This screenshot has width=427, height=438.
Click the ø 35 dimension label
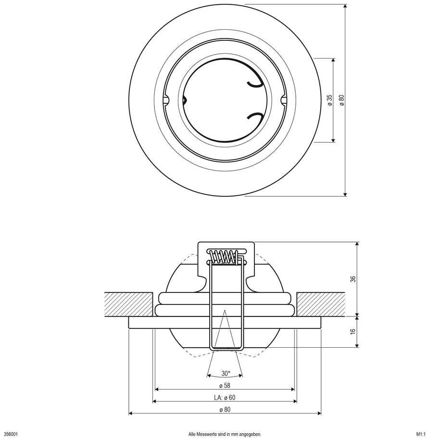[x=330, y=100]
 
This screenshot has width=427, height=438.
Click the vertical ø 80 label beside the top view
[x=341, y=100]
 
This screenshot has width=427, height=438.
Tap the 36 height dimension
[x=353, y=279]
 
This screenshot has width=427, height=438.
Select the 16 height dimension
[x=353, y=331]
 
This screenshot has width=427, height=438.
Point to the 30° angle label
[x=226, y=373]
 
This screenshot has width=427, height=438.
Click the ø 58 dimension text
[x=225, y=386]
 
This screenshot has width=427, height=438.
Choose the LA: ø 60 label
[x=225, y=398]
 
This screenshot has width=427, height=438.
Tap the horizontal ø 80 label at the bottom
[x=225, y=410]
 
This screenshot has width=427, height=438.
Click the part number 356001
[x=11, y=434]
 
